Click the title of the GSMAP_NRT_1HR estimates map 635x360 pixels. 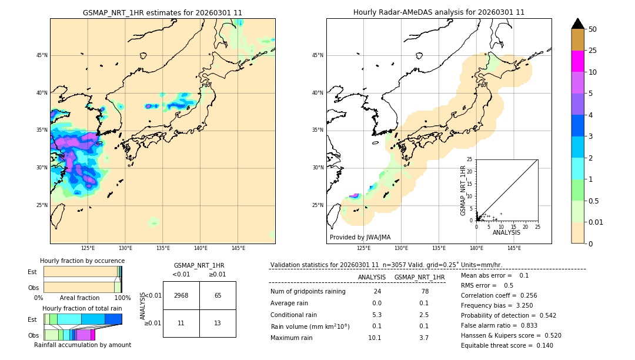(162, 12)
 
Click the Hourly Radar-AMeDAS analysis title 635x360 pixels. (439, 12)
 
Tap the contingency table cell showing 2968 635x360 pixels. (181, 295)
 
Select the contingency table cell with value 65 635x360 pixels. (218, 295)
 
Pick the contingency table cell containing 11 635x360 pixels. (181, 324)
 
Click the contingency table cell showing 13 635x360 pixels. (218, 324)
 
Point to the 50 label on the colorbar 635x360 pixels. (593, 29)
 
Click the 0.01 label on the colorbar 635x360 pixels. (597, 222)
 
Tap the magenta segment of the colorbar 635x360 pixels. (577, 61)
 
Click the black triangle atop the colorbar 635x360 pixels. (577, 24)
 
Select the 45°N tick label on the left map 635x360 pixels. (42, 55)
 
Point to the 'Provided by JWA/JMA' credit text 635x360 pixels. (360, 238)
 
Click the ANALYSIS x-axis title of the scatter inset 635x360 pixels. (506, 232)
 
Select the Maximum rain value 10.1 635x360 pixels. (375, 338)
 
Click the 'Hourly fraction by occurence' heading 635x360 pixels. (82, 261)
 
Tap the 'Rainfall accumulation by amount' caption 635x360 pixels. (82, 345)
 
